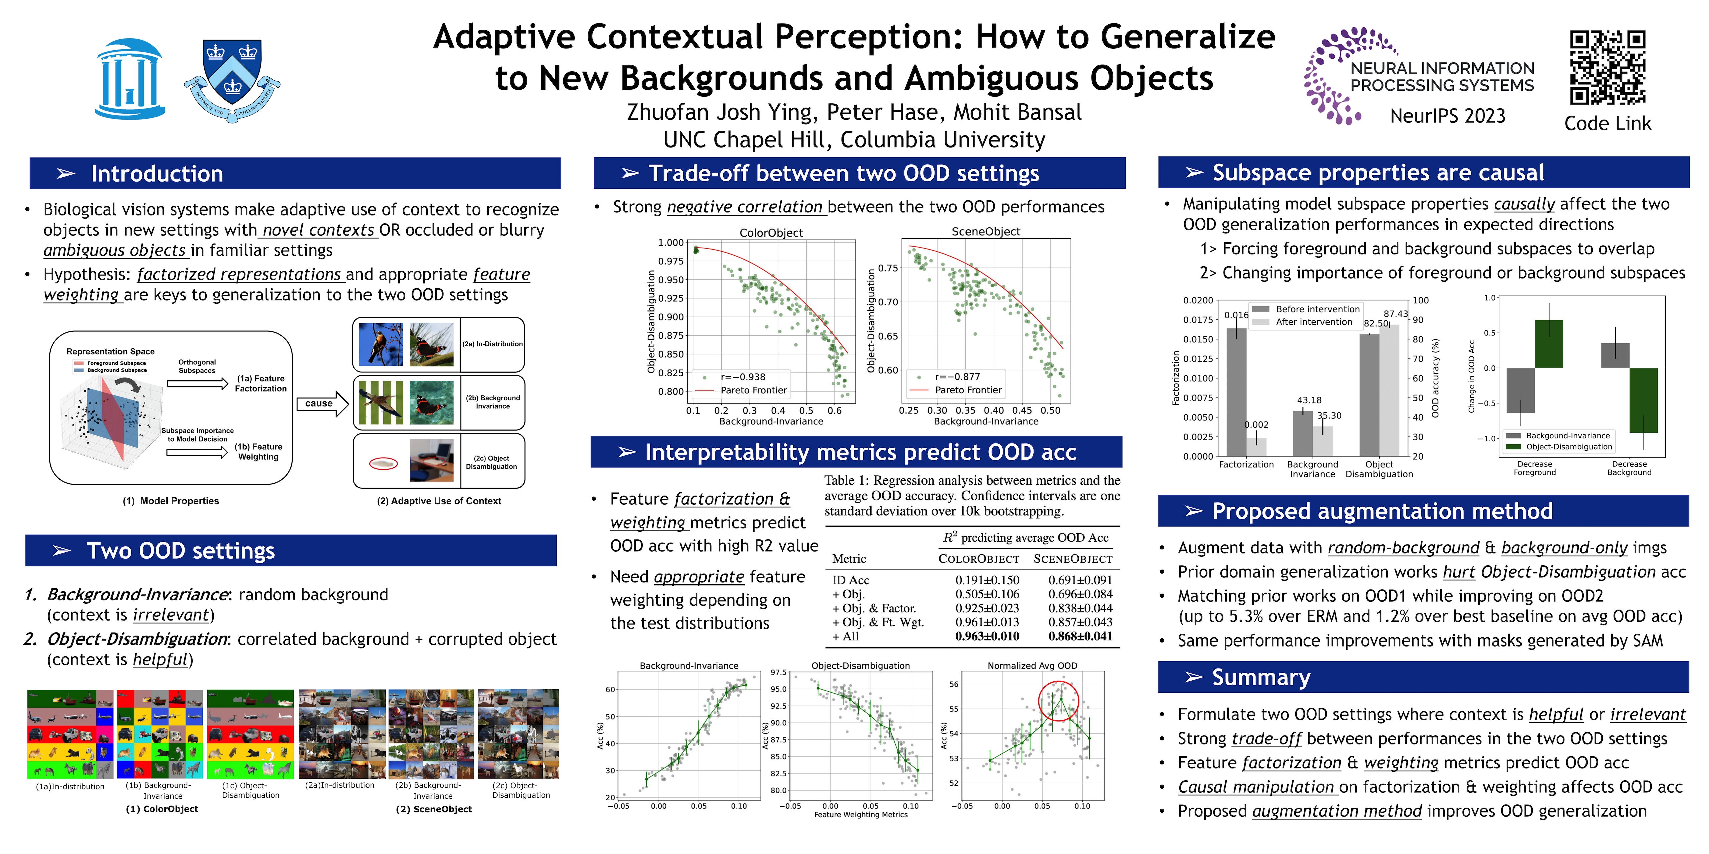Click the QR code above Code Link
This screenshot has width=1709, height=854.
point(1608,68)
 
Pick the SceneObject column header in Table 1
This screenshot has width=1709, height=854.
point(1073,559)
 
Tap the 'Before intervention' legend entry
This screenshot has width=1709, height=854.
point(1317,309)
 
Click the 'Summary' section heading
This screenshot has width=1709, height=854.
point(1260,677)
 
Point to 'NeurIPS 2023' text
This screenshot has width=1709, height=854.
point(1448,116)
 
